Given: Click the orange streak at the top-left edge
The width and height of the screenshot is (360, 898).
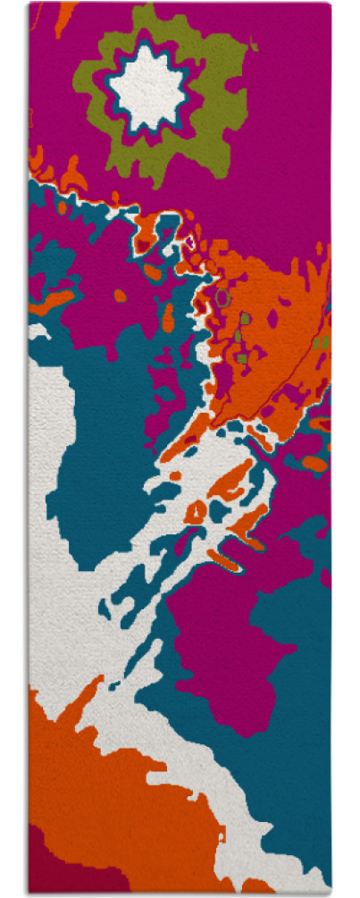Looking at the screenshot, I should click(63, 18).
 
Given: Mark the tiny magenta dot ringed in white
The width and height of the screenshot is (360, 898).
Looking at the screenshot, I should click(189, 239).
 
